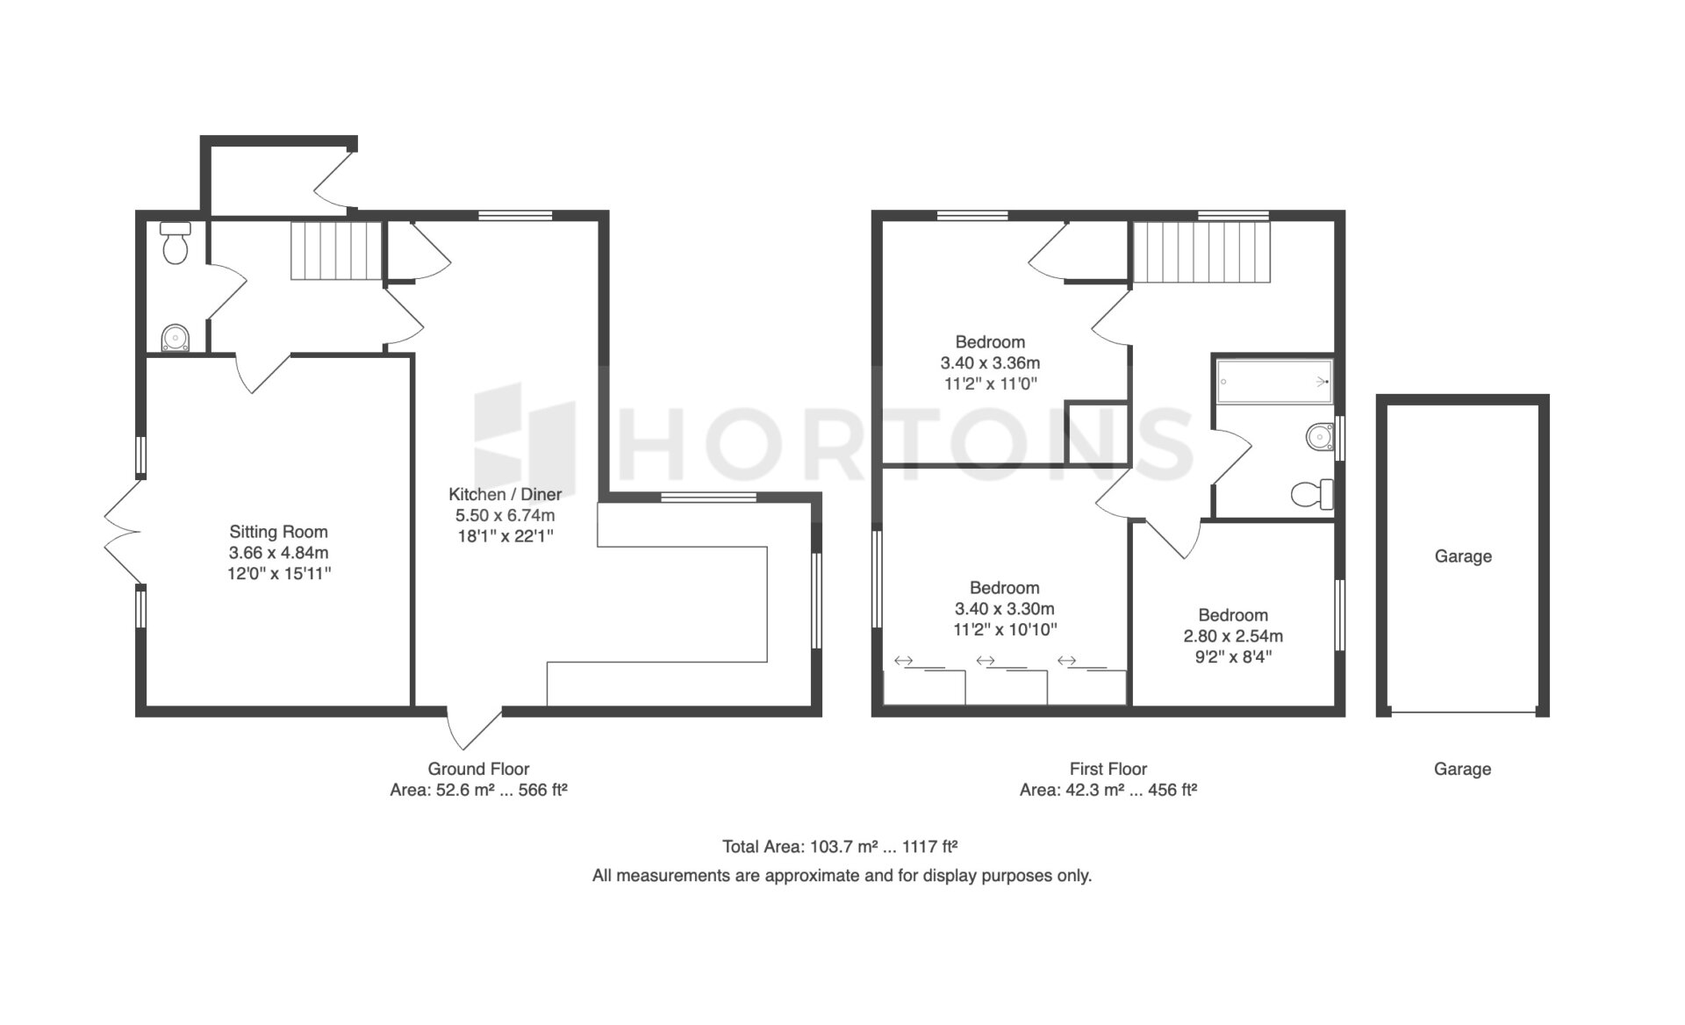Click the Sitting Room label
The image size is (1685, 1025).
pyautogui.click(x=278, y=532)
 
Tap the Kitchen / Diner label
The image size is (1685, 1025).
pyautogui.click(x=505, y=494)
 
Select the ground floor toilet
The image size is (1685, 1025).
pyautogui.click(x=176, y=243)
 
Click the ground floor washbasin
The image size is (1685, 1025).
pyautogui.click(x=176, y=337)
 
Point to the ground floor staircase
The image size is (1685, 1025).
pyautogui.click(x=337, y=251)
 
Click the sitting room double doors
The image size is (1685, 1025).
pyautogui.click(x=123, y=532)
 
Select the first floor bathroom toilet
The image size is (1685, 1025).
pyautogui.click(x=1312, y=494)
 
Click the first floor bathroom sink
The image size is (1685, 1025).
pyautogui.click(x=1320, y=436)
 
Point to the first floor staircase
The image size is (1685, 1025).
pyautogui.click(x=1202, y=252)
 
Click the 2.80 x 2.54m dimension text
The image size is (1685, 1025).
pyautogui.click(x=1233, y=636)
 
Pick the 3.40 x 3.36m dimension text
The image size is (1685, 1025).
pyautogui.click(x=990, y=362)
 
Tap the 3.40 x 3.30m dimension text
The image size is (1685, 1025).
pyautogui.click(x=1004, y=608)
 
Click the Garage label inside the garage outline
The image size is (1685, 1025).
pyautogui.click(x=1463, y=556)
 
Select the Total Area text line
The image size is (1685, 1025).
pyautogui.click(x=840, y=847)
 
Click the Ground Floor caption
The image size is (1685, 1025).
pyautogui.click(x=478, y=769)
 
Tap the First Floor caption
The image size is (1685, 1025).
pyautogui.click(x=1108, y=769)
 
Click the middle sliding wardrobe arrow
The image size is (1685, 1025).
pyautogui.click(x=986, y=661)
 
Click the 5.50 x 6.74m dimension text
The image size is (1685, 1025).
pyautogui.click(x=505, y=515)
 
